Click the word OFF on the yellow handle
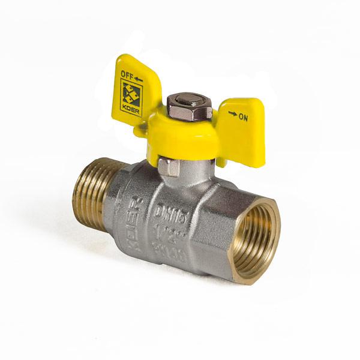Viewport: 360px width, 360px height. click(127, 76)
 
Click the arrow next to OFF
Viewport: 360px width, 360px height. click(139, 79)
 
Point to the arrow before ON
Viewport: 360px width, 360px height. click(232, 113)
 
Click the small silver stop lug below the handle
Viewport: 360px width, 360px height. click(169, 167)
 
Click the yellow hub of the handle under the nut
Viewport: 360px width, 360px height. click(186, 135)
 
